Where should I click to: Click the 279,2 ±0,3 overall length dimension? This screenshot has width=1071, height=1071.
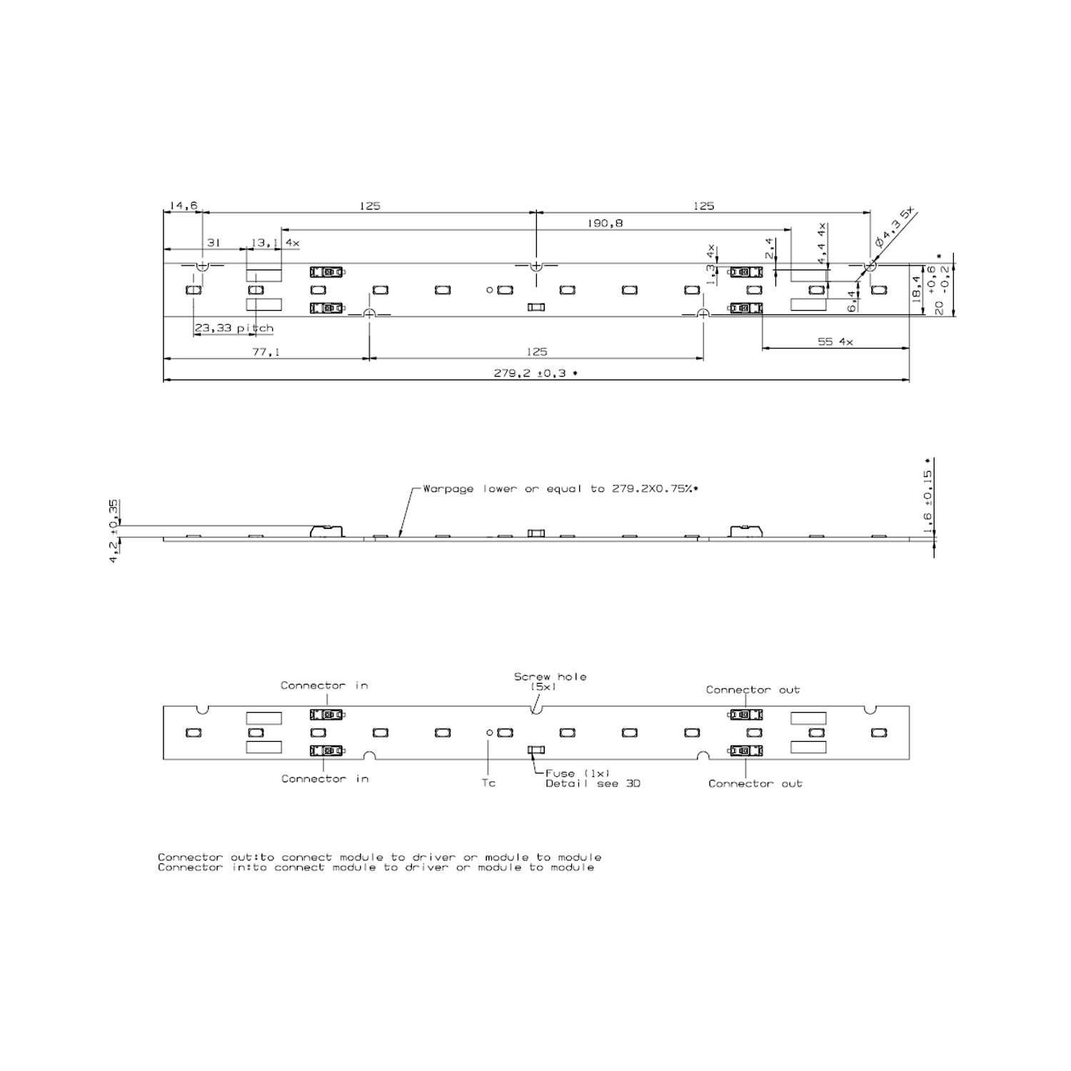[x=535, y=373]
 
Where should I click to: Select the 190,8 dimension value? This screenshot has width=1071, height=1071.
[x=605, y=223]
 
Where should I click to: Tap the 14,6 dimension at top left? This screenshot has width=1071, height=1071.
[x=183, y=206]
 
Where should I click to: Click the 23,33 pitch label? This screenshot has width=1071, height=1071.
[x=234, y=328]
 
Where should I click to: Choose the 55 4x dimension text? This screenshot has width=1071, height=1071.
[x=835, y=342]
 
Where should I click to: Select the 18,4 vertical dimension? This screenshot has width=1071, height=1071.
[x=917, y=290]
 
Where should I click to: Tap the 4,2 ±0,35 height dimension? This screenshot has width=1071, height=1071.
[x=114, y=531]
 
